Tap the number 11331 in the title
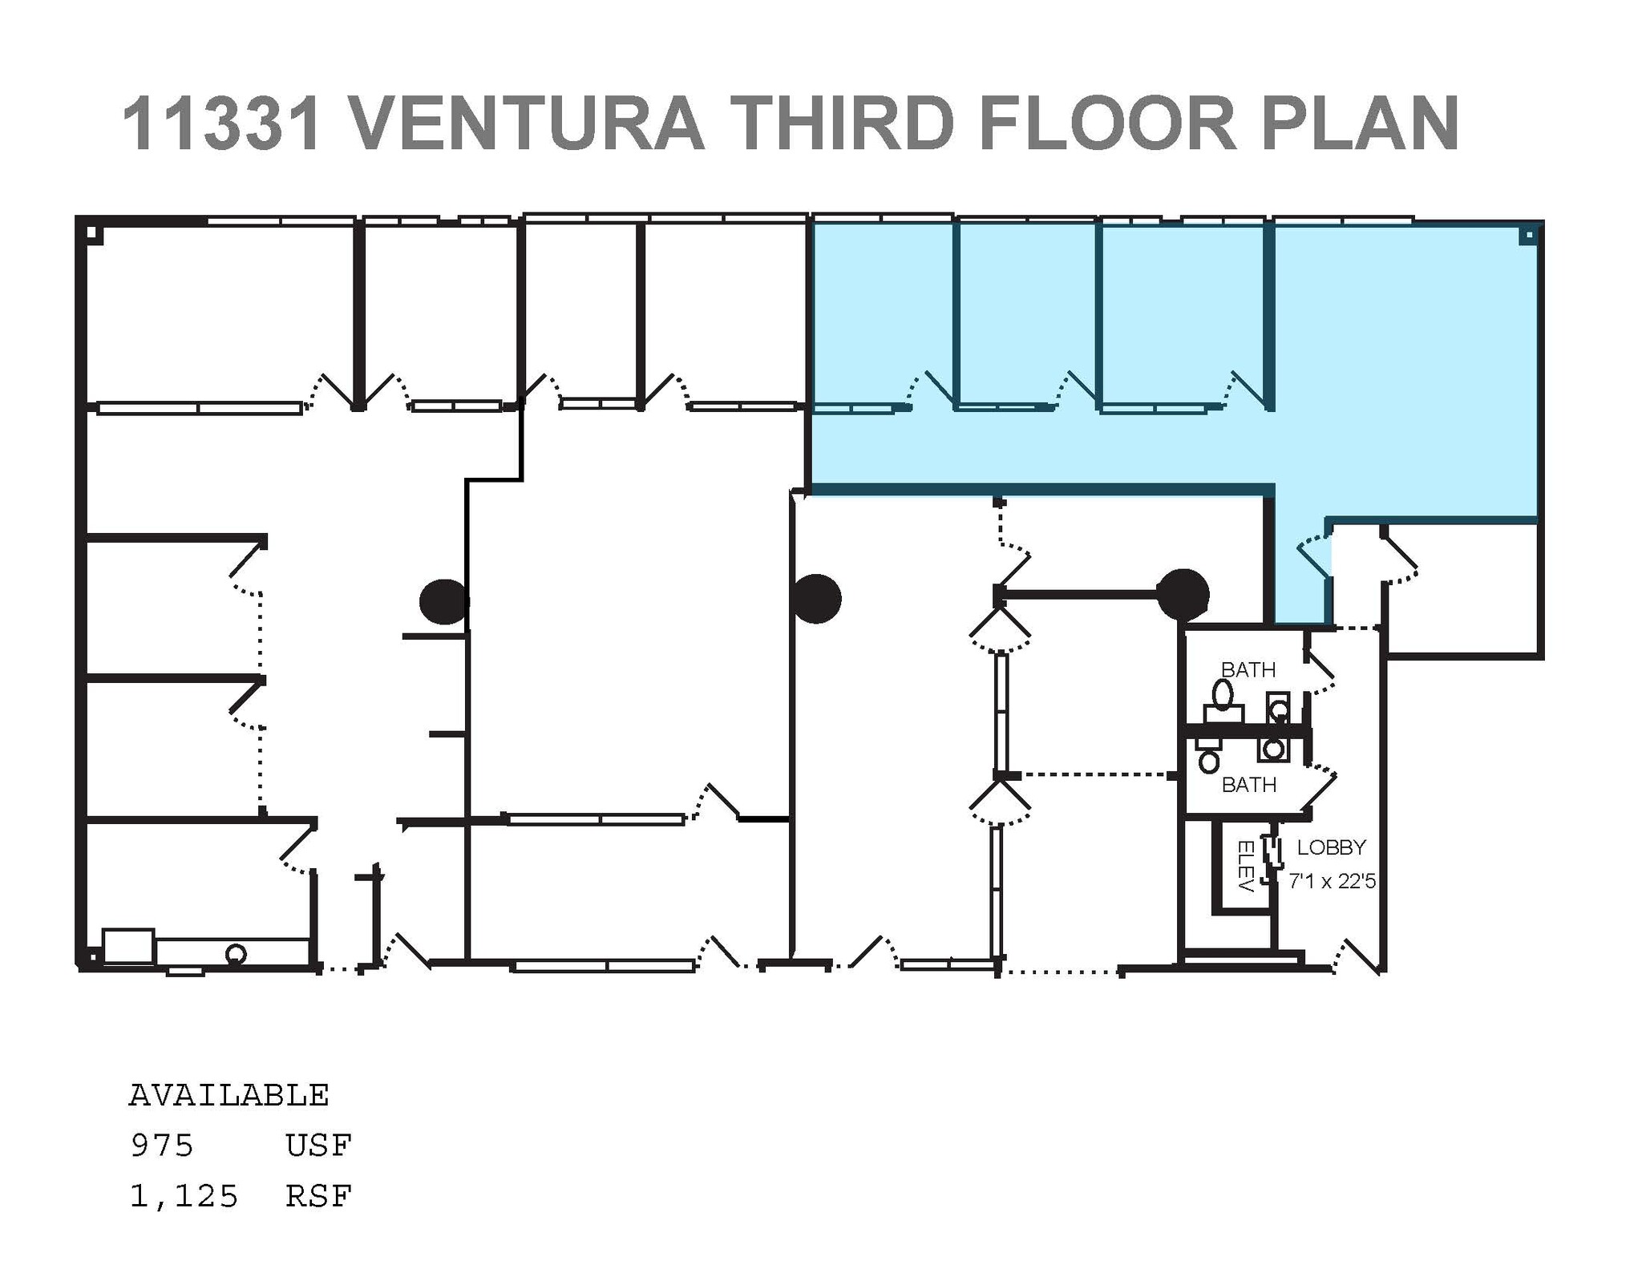click(x=222, y=123)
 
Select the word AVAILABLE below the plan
click(x=229, y=1095)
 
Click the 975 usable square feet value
click(x=162, y=1146)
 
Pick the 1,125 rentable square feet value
click(x=184, y=1196)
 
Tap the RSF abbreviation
click(x=318, y=1196)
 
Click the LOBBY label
click(x=1331, y=847)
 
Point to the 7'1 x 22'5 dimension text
click(x=1332, y=881)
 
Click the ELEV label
click(x=1245, y=867)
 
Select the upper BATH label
click(x=1248, y=669)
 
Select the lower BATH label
click(x=1248, y=785)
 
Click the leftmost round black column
click(x=443, y=601)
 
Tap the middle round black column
click(x=815, y=598)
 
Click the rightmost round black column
click(x=1183, y=595)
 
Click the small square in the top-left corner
click(x=92, y=234)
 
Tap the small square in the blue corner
click(x=1528, y=235)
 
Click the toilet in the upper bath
click(x=1223, y=694)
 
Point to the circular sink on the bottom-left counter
click(x=235, y=954)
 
